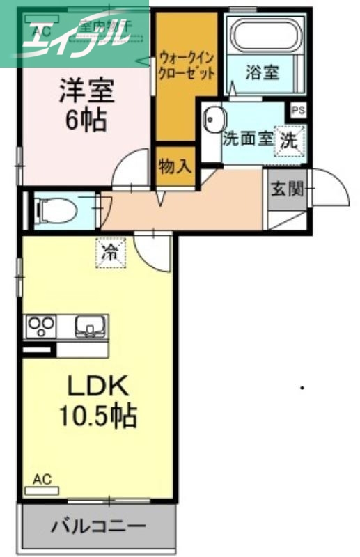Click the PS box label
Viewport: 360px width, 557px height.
298,110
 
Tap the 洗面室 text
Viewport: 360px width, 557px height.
247,138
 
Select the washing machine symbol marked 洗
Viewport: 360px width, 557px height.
288,138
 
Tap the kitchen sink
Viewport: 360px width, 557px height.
88,326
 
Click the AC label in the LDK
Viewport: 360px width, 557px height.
42,479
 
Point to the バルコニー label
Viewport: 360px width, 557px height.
97,526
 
